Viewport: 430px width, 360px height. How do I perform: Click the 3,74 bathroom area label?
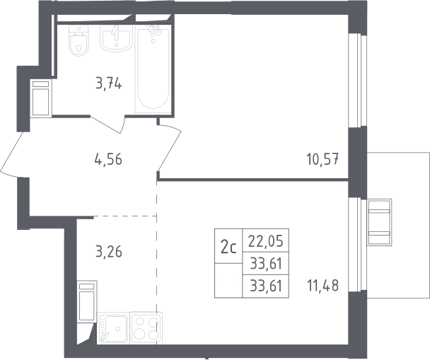pyautogui.click(x=109, y=83)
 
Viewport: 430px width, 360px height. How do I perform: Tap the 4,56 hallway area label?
pyautogui.click(x=108, y=159)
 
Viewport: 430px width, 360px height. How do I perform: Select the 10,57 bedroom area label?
pyautogui.click(x=322, y=159)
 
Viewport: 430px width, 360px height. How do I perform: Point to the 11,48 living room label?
pyautogui.click(x=322, y=286)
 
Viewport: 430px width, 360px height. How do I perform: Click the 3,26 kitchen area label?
pyautogui.click(x=109, y=251)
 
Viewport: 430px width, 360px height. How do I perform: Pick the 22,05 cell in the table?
pyautogui.click(x=265, y=240)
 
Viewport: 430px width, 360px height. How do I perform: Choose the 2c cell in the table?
pyautogui.click(x=228, y=246)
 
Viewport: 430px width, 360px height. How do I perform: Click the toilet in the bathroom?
pyautogui.click(x=79, y=40)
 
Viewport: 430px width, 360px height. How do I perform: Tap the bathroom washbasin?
pyautogui.click(x=116, y=37)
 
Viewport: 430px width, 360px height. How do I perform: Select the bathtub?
pyautogui.click(x=153, y=69)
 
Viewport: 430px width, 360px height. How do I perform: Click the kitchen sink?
pyautogui.click(x=113, y=328)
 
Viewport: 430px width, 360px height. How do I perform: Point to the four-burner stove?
pyautogui.click(x=146, y=327)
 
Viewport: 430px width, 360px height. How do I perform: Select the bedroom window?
pyautogui.click(x=357, y=81)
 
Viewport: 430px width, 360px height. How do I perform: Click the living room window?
pyautogui.click(x=357, y=245)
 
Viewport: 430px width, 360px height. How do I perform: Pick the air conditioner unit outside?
pyautogui.click(x=380, y=222)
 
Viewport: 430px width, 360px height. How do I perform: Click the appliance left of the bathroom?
pyautogui.click(x=41, y=98)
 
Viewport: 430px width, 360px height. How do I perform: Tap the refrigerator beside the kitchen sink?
pyautogui.click(x=87, y=301)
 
